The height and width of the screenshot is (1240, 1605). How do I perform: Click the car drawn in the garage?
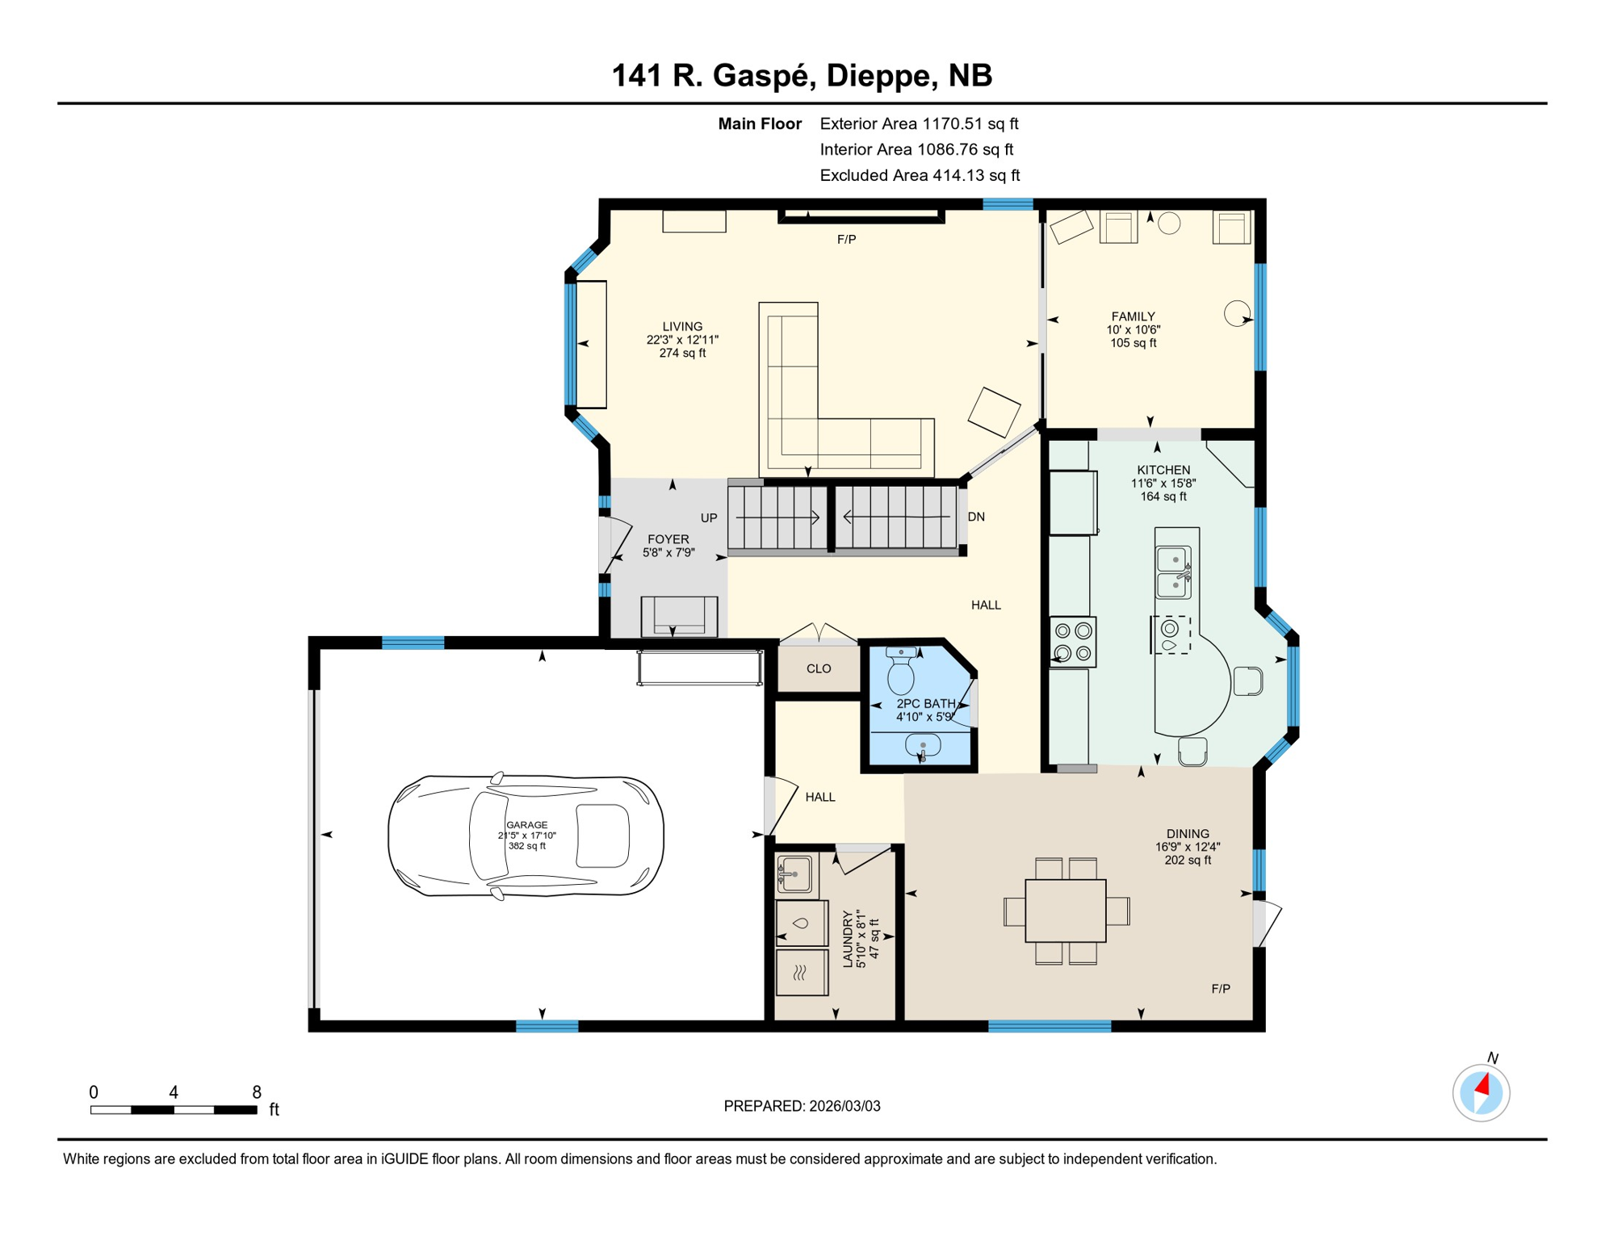coord(526,836)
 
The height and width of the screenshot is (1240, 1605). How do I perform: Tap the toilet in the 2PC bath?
coord(901,671)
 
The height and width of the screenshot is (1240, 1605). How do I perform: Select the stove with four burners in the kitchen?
coord(1073,642)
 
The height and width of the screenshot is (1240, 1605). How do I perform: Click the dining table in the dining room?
coord(1065,911)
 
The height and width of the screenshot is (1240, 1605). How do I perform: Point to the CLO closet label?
coord(819,668)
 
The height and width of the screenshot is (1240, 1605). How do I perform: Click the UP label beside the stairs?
coord(709,518)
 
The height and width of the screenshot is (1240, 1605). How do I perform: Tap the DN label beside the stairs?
coord(976,517)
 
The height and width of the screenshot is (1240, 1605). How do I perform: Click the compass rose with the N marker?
coord(1481,1093)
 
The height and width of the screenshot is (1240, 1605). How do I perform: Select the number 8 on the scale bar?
coord(257,1092)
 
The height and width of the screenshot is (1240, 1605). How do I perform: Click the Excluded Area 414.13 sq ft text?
coord(919,175)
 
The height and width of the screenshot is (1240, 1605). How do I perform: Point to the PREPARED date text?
coord(802,1106)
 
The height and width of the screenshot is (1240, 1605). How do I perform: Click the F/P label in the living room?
coord(846,240)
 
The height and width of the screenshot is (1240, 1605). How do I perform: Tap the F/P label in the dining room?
coord(1220,989)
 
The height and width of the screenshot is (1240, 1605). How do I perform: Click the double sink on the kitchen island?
coord(1173,572)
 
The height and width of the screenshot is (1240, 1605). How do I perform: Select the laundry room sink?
coord(795,874)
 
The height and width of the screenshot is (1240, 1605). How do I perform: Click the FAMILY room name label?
coord(1133,316)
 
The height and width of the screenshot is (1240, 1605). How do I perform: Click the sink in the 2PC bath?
coord(922,745)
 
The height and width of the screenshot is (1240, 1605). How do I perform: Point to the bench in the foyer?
coord(679,616)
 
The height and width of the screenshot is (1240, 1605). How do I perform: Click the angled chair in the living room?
coord(994,412)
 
